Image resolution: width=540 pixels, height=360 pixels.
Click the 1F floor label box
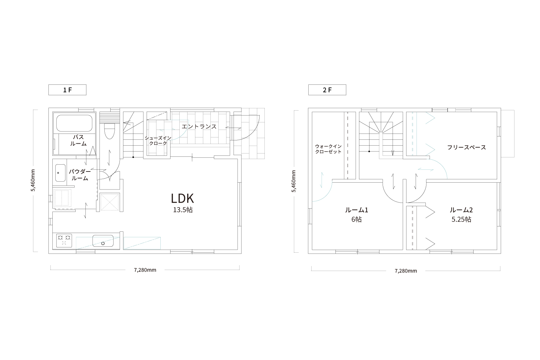coord(67,90)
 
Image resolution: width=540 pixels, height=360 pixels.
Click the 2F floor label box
coord(327,90)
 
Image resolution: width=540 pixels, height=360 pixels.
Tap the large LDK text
coord(183,198)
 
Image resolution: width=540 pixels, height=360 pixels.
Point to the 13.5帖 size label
coord(183,210)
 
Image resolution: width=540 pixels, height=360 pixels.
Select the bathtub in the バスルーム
coord(74,123)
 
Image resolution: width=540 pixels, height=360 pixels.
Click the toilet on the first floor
coord(109,132)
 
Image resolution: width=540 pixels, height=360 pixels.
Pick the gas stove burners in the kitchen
coord(64,241)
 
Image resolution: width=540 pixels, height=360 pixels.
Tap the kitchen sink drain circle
coord(103,243)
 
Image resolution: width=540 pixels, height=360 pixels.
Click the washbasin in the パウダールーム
coord(60,173)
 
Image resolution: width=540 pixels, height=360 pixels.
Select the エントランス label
coord(199,127)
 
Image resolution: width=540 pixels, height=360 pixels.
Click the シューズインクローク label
coord(158,141)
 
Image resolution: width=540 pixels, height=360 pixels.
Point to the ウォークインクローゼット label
coord(328,149)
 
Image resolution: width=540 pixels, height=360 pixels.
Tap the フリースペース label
coord(466,147)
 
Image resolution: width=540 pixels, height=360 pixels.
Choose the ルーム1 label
coord(356,210)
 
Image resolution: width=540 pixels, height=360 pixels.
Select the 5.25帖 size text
coord(461,219)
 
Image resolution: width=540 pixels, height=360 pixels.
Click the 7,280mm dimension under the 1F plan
coord(145,270)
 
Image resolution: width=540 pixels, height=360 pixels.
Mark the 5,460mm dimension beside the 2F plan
coord(294,181)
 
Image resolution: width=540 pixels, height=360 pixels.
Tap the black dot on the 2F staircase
coord(369,152)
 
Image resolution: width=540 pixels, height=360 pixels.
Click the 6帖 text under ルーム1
coord(356,219)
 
